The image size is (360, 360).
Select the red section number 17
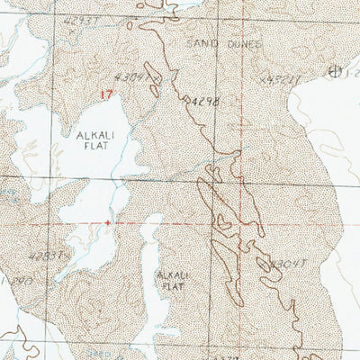[109, 93]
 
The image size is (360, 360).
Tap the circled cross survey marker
[336, 70]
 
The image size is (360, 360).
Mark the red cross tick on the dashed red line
[109, 221]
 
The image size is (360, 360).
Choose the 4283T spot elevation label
[47, 256]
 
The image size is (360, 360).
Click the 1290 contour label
[11, 281]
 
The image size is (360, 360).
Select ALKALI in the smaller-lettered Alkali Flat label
[171, 274]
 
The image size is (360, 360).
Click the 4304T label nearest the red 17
[135, 78]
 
